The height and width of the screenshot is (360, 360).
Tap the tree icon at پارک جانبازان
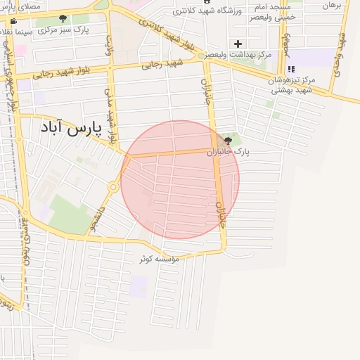[226, 141]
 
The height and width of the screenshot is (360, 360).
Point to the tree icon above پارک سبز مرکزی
[63, 19]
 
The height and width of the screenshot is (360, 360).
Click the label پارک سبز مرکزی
[63, 31]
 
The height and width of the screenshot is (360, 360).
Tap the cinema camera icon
[14, 21]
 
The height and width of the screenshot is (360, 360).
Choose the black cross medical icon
[238, 44]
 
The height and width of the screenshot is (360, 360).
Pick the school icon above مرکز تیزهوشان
[290, 69]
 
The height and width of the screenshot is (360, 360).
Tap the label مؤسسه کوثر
[160, 259]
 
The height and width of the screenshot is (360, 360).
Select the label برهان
[330, 5]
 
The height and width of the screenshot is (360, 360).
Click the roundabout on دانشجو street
[112, 187]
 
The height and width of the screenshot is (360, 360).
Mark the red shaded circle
[180, 180]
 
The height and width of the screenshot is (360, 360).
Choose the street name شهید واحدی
[341, 49]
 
